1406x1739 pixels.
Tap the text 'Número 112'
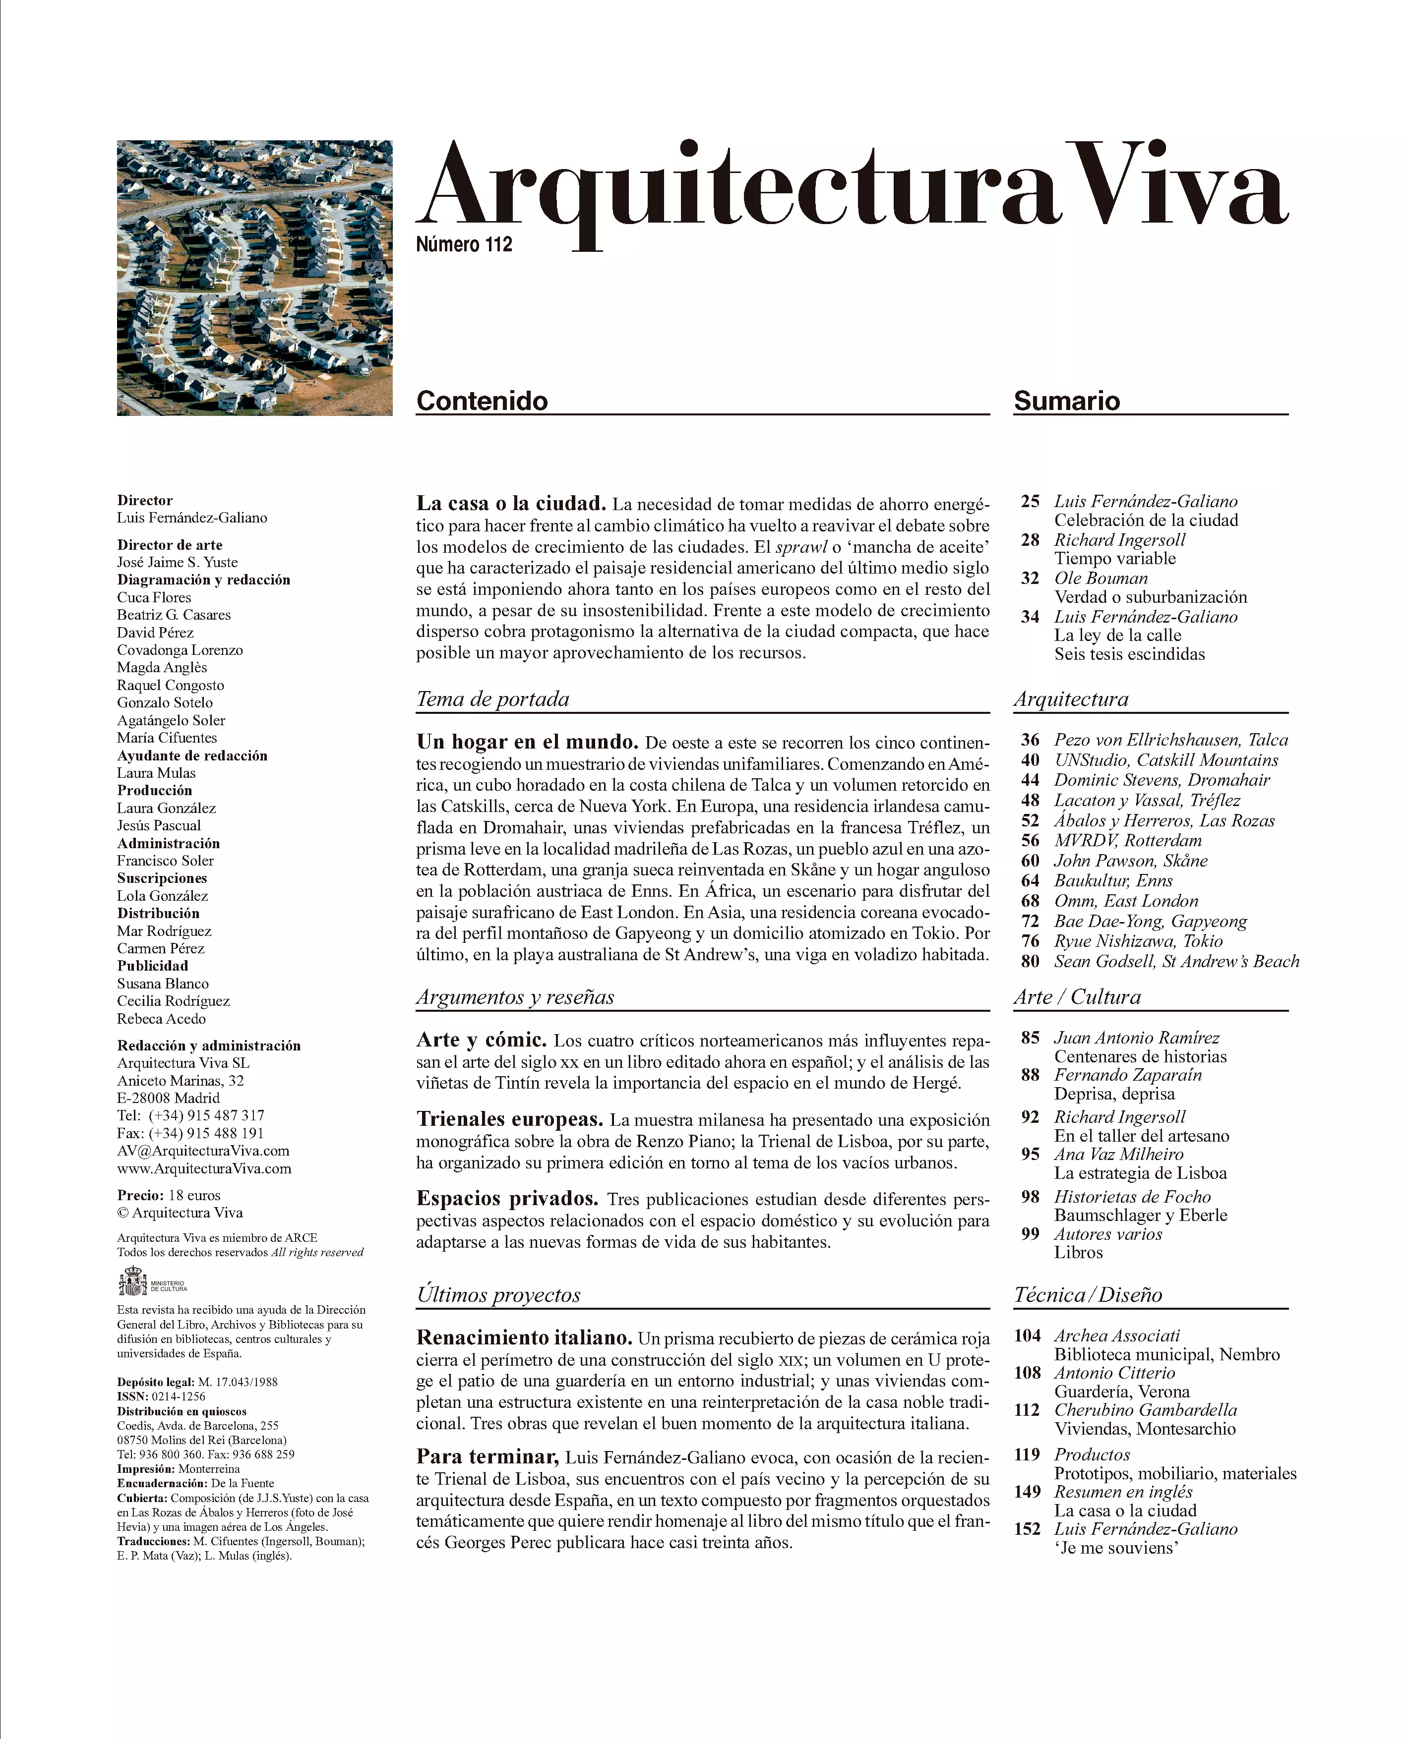464,244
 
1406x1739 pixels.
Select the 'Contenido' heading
482,401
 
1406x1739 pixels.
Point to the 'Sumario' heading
1067,401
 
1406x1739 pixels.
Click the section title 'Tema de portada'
492,699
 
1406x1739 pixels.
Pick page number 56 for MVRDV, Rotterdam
1030,840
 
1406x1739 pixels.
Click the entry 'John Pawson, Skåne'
1131,861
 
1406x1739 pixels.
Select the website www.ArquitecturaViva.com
204,1168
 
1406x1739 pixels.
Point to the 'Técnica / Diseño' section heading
1088,1295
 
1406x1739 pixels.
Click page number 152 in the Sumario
1027,1529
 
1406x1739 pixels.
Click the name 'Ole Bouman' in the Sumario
1100,578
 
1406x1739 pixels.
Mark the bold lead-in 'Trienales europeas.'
509,1120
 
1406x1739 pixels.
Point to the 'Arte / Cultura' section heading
1077,997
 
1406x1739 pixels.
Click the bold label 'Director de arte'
169,545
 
